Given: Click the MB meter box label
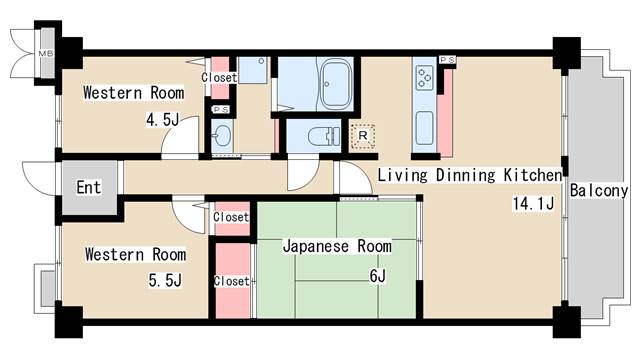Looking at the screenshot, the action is (x=45, y=53).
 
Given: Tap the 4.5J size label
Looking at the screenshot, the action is (x=162, y=120).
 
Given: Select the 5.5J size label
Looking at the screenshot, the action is (x=165, y=280).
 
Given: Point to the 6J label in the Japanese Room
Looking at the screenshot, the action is (x=378, y=276).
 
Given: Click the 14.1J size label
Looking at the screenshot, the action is (x=533, y=203).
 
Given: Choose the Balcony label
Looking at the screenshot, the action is (x=599, y=191).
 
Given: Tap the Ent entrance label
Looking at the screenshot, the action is (x=89, y=187).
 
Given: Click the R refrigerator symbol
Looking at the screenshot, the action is (x=362, y=136).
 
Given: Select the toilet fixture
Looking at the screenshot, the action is (x=324, y=136).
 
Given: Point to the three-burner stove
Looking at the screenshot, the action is (x=425, y=78).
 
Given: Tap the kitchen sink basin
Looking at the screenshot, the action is (x=424, y=128).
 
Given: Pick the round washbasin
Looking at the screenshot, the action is (x=222, y=135).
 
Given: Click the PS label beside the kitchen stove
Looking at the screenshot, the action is (x=447, y=60).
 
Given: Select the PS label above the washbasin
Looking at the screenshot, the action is (x=221, y=110).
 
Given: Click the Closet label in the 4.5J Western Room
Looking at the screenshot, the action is (x=219, y=77).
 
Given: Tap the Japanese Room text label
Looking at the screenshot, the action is (x=337, y=247).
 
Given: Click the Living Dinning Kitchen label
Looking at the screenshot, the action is (x=470, y=175).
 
